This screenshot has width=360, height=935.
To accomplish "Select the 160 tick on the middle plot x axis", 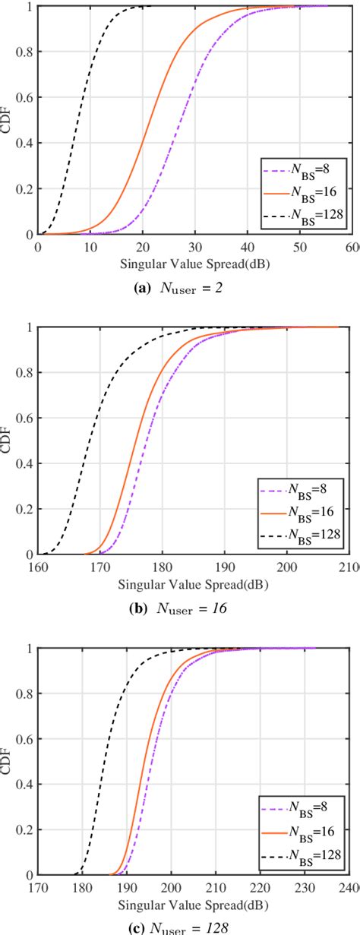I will click(x=37, y=567).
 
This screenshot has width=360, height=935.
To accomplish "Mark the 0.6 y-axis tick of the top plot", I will click(x=24, y=98).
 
